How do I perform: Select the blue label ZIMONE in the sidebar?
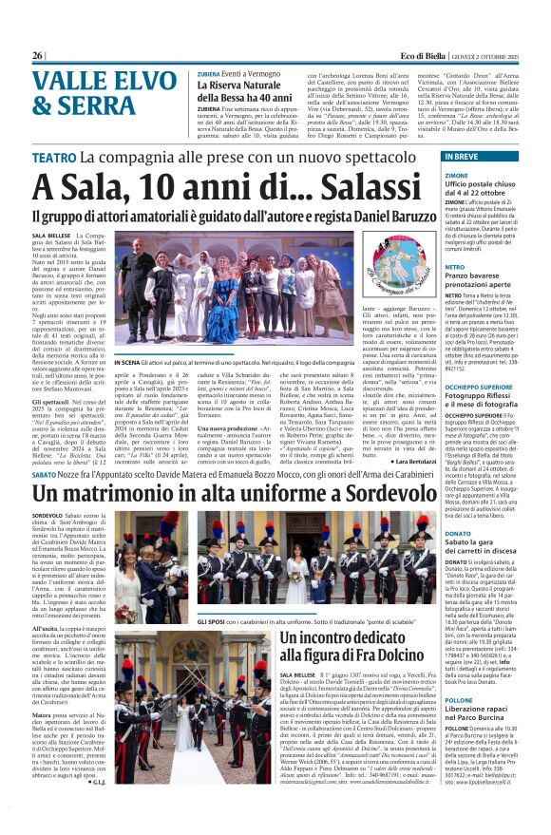click(455, 175)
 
